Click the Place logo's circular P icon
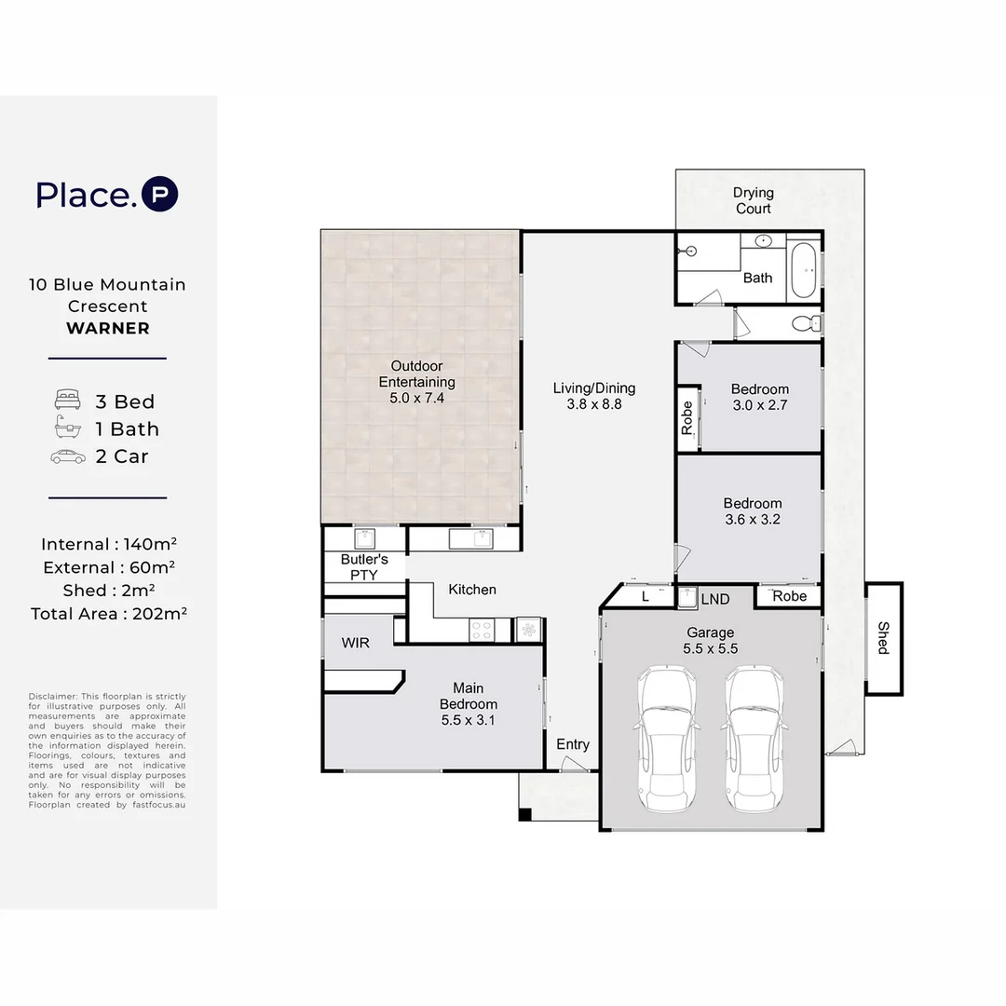click(160, 194)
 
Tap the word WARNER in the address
click(108, 328)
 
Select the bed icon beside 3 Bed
click(67, 399)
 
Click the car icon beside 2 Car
click(68, 456)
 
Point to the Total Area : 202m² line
click(109, 613)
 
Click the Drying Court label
click(754, 200)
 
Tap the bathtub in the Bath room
click(803, 269)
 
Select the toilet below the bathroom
click(806, 323)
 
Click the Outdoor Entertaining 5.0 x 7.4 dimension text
click(417, 398)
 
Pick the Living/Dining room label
click(594, 396)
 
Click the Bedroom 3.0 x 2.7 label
click(760, 397)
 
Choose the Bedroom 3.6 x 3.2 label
click(753, 511)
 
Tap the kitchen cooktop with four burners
click(482, 630)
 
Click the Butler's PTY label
click(364, 567)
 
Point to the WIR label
click(356, 643)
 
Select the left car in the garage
click(666, 740)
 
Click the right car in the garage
click(754, 740)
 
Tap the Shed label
click(883, 638)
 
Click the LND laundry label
click(715, 599)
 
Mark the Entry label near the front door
click(573, 744)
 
